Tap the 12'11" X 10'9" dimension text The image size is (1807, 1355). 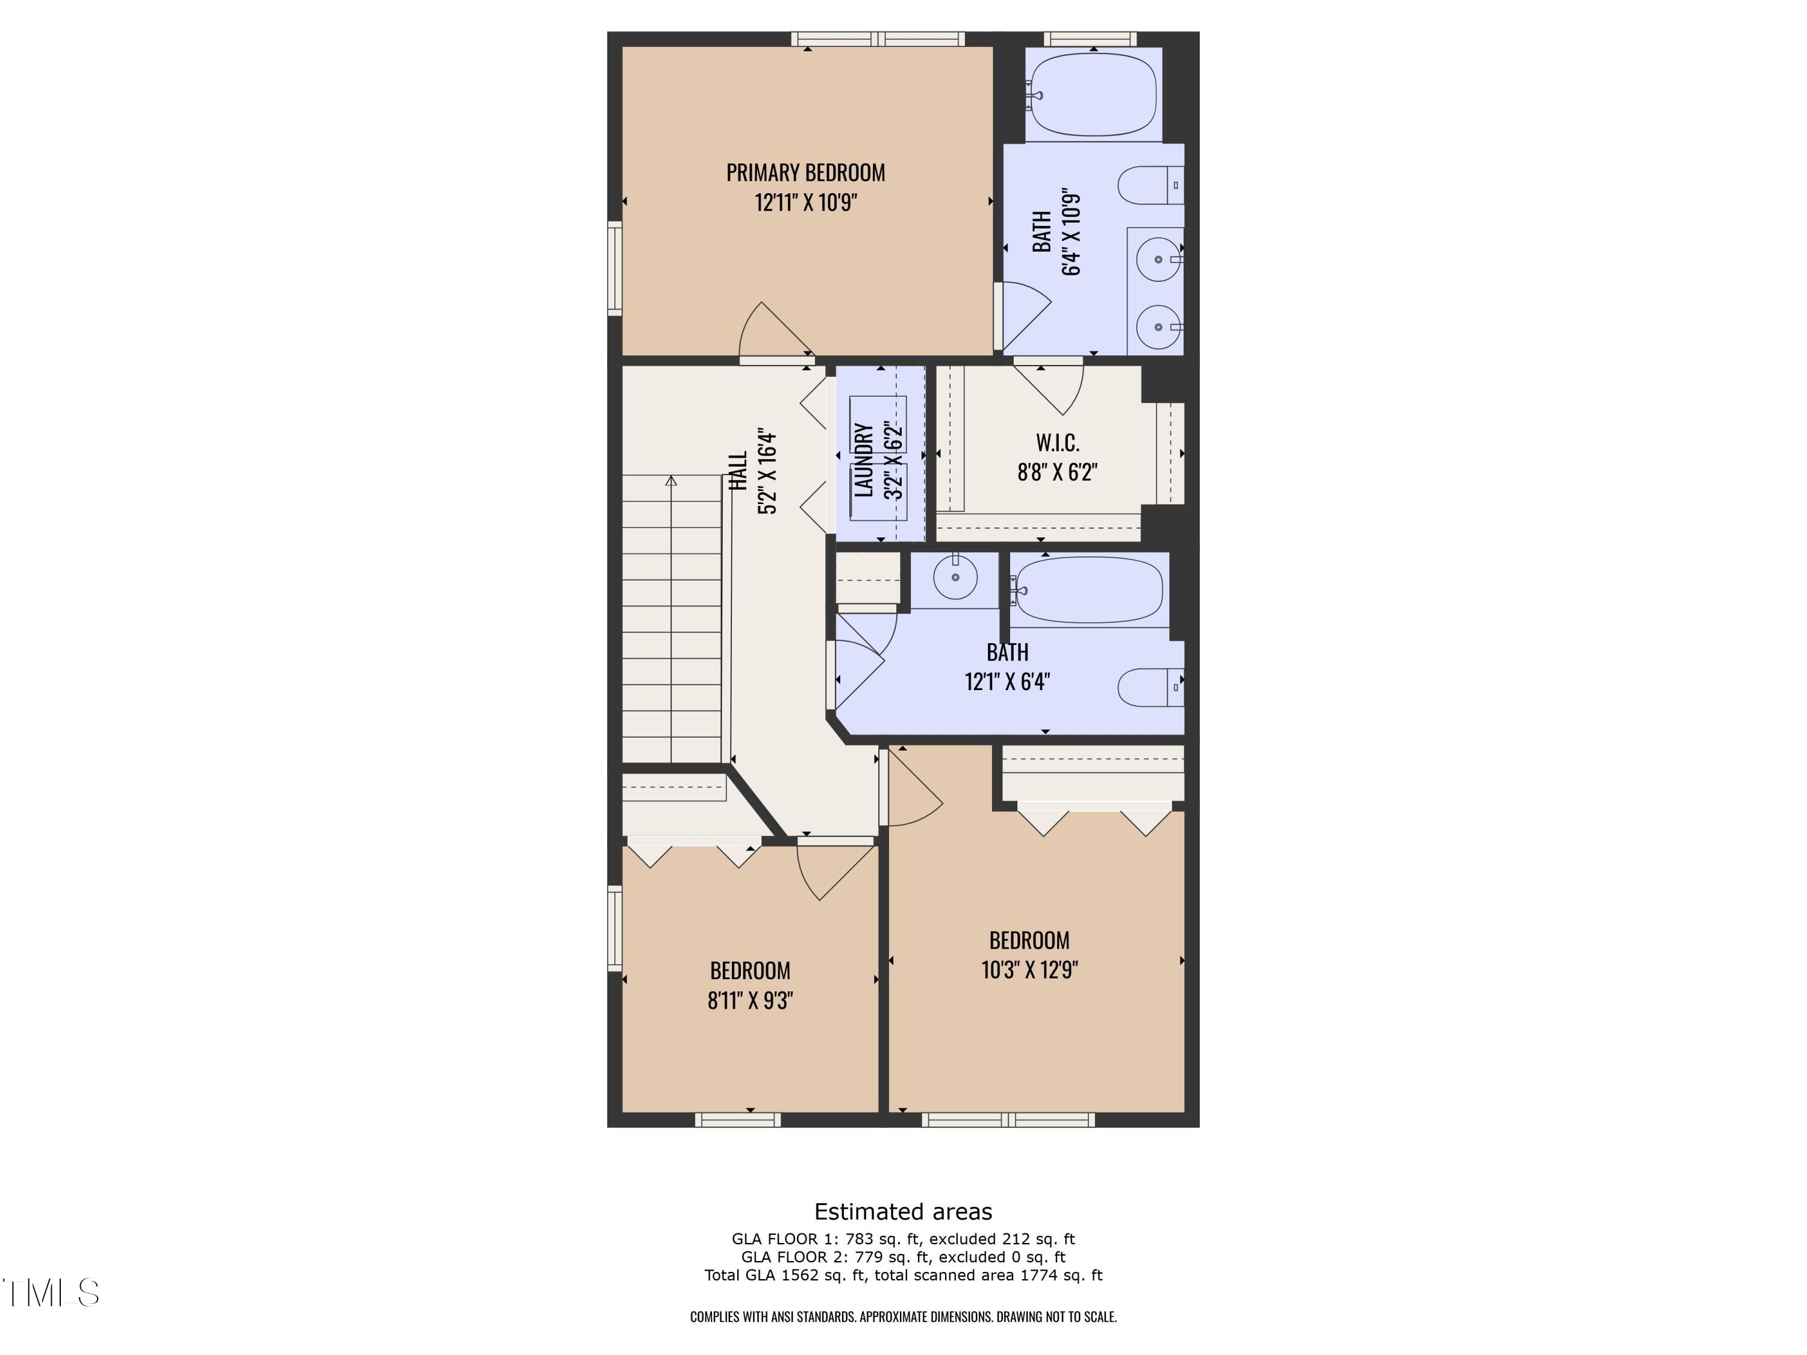[x=805, y=202]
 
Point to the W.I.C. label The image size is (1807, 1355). [x=1058, y=443]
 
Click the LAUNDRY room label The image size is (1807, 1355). [x=864, y=460]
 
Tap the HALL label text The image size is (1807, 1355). [x=738, y=472]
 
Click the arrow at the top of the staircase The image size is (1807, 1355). [x=672, y=481]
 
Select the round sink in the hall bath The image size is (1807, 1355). [x=955, y=578]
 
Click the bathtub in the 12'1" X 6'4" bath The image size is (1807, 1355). [x=1089, y=590]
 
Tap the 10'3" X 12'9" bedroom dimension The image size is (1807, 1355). [x=1029, y=970]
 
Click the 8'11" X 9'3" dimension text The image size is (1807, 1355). [x=750, y=1000]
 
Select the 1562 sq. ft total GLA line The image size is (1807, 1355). [x=903, y=1275]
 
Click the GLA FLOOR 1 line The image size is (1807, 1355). [x=903, y=1239]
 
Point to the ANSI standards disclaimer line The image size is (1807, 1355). [x=903, y=1316]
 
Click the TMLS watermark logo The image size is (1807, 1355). [x=51, y=1293]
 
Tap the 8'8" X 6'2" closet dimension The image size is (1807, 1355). [x=1057, y=472]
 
